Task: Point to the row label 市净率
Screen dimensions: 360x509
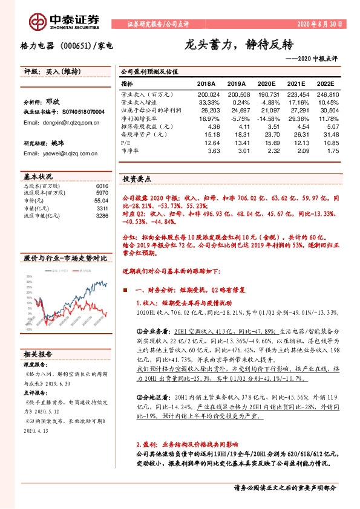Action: tap(130, 151)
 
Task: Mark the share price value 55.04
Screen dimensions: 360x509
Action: tap(100, 200)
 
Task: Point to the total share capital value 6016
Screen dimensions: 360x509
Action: tap(102, 186)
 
